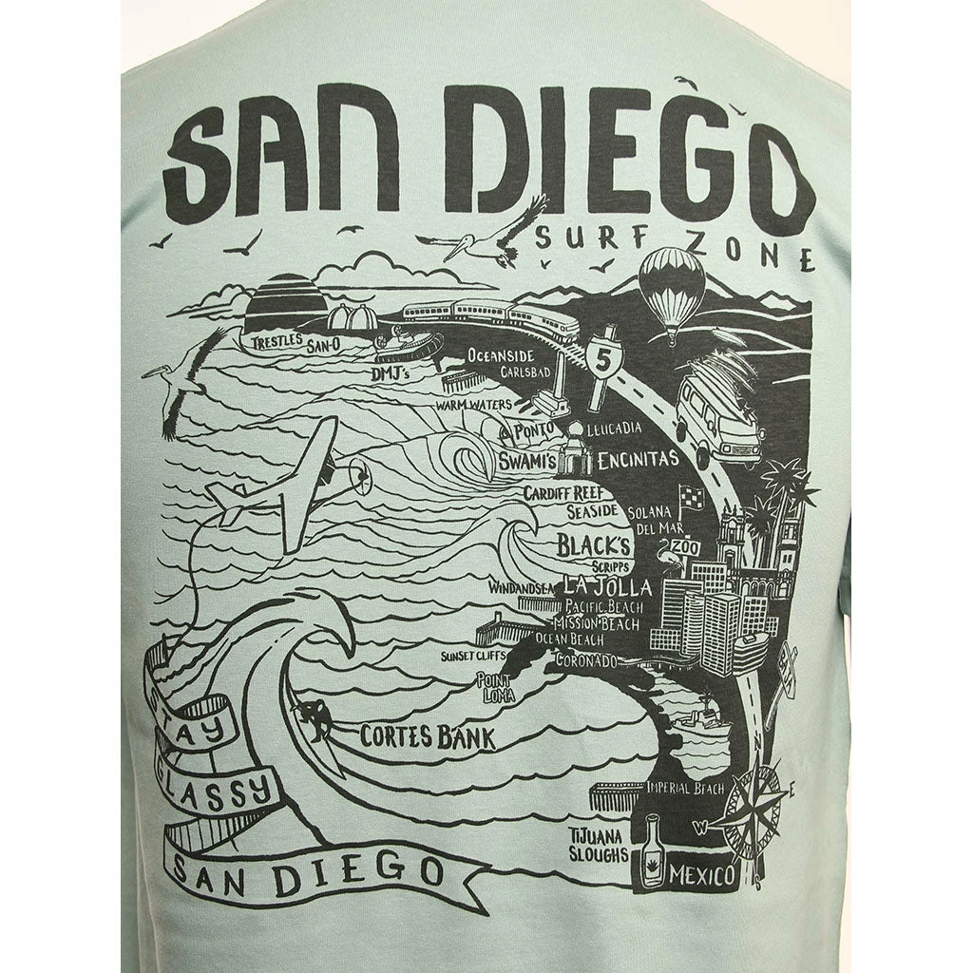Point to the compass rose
tap(752, 807)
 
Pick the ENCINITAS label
tap(639, 460)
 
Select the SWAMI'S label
tap(526, 461)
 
